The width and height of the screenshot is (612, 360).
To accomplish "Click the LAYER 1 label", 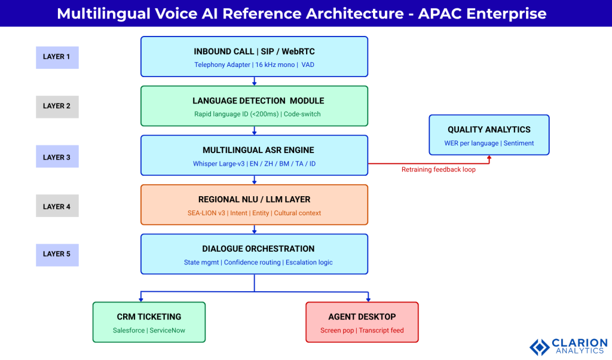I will (x=57, y=57).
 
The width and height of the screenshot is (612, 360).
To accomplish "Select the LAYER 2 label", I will (x=57, y=106).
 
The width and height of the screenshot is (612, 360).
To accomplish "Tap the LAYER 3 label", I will (x=57, y=157).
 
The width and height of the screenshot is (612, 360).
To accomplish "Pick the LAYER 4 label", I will (x=57, y=206).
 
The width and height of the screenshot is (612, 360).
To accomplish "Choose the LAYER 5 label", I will (x=57, y=254).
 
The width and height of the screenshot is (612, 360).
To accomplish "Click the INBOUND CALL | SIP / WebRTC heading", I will (x=254, y=52).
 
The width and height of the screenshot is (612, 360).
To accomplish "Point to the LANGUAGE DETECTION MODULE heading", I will (x=254, y=101).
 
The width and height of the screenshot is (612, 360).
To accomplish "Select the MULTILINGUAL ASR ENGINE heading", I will (x=254, y=150).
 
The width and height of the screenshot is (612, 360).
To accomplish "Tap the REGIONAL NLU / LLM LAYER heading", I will (x=254, y=199).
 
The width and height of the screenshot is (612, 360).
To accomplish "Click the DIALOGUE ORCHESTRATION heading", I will (x=254, y=249).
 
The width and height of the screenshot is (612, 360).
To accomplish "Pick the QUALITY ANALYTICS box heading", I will (x=489, y=130).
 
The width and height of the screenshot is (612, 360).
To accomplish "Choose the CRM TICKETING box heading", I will (x=149, y=316).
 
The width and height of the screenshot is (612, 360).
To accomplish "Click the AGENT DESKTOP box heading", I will (x=362, y=316).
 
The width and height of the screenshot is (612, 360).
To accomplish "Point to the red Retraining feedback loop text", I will (x=438, y=170).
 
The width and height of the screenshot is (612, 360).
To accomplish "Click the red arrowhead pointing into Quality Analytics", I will (x=489, y=158).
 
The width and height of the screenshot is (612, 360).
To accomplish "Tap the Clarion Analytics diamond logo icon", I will (x=540, y=347).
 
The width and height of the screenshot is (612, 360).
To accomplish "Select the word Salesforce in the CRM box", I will (x=129, y=330).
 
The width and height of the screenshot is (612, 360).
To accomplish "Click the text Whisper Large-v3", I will (x=218, y=164).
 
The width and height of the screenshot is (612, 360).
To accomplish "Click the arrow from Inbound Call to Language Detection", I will (x=255, y=81).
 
